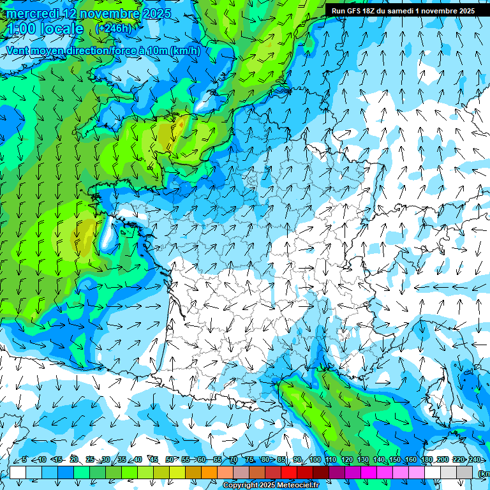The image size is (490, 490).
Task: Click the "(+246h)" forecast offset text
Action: [113, 29]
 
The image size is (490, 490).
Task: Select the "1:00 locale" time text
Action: [45, 29]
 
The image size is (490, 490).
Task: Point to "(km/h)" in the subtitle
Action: [185, 51]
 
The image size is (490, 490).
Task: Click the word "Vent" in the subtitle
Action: [18, 51]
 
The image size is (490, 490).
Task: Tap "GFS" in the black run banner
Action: [353, 11]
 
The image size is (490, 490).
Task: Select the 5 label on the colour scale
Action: [24, 459]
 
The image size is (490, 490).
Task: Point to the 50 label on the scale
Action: [169, 459]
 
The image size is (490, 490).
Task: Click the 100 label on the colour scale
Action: [315, 459]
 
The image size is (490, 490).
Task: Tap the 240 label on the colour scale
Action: [475, 459]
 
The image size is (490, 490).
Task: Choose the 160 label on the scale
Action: [411, 459]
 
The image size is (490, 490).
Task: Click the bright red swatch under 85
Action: [289, 472]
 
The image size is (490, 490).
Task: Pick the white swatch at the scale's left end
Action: [18, 472]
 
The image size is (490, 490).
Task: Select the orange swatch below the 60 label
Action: [209, 472]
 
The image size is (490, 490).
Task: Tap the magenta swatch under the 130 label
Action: [369, 472]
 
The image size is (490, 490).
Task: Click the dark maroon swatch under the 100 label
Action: [321, 472]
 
